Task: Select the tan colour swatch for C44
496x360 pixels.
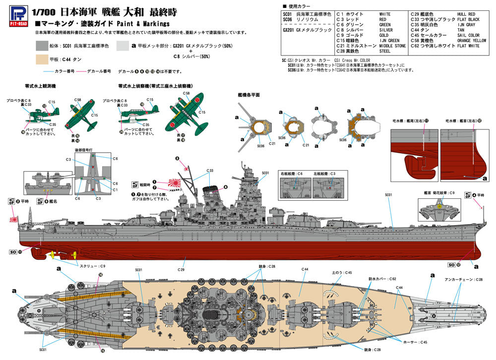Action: click(x=46, y=60)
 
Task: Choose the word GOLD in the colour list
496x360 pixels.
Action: click(x=384, y=35)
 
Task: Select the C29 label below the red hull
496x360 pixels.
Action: click(x=182, y=270)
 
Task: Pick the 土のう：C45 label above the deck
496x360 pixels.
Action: click(x=342, y=273)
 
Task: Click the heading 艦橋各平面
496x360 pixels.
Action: click(x=248, y=94)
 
